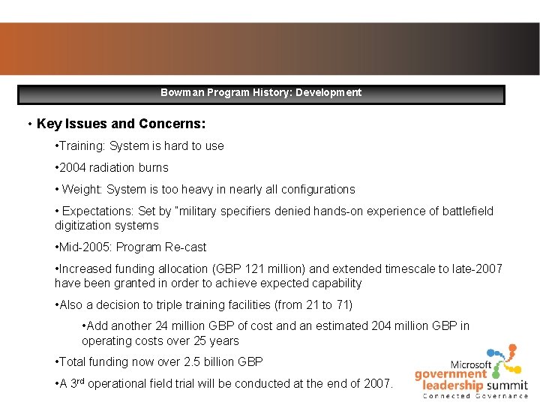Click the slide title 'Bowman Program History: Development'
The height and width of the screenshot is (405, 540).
[260, 93]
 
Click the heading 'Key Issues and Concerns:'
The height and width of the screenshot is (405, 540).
[121, 124]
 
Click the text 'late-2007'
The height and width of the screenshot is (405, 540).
[476, 268]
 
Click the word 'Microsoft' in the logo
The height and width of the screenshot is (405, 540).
[471, 364]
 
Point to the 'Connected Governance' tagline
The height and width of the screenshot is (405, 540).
[475, 396]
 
